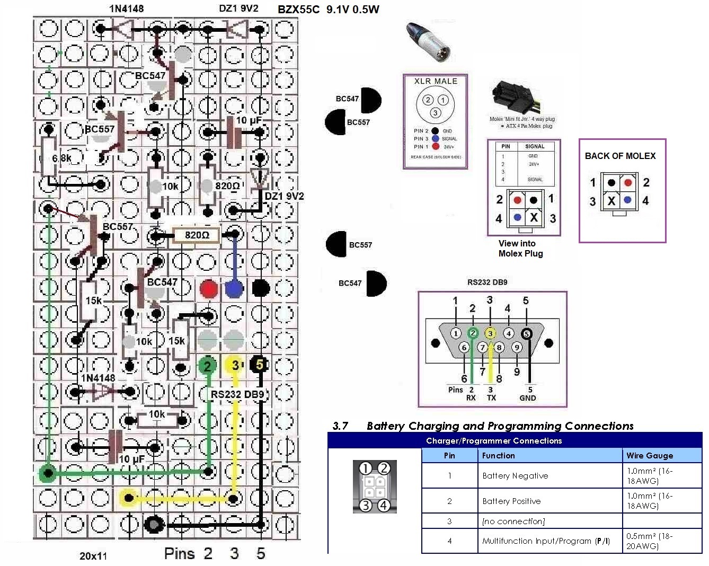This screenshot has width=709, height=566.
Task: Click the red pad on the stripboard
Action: [x=209, y=289]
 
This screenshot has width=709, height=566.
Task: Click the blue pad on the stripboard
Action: [x=234, y=289]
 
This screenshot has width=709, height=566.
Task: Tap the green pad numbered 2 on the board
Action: [x=208, y=365]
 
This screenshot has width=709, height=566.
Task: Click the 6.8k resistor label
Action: [x=61, y=158]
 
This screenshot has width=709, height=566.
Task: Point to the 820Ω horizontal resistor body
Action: [x=197, y=235]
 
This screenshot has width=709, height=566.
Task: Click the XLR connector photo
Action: [x=429, y=43]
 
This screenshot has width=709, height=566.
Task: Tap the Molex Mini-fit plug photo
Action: [x=513, y=99]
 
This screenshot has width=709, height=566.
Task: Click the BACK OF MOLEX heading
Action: [x=620, y=156]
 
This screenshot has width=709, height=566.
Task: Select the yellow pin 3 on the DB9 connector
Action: [x=491, y=333]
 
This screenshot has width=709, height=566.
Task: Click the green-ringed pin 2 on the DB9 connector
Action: [x=473, y=333]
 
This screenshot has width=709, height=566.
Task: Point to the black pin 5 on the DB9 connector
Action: [x=526, y=333]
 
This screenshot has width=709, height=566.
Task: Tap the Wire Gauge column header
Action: [x=650, y=455]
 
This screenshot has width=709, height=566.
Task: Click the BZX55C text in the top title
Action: [x=298, y=10]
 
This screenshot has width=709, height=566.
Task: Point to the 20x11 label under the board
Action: [x=93, y=556]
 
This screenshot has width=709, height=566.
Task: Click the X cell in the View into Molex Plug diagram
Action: [x=534, y=217]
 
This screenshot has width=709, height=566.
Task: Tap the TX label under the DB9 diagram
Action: [x=491, y=397]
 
